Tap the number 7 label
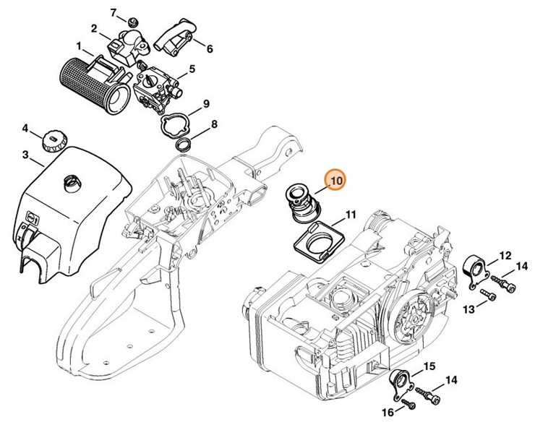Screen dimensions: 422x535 (x=113, y=13)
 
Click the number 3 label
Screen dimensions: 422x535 (x=25, y=155)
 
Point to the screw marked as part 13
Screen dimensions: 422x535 (x=489, y=295)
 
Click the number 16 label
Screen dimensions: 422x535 (x=387, y=412)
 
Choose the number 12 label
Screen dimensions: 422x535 (x=505, y=255)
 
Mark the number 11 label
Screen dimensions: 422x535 (x=350, y=215)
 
